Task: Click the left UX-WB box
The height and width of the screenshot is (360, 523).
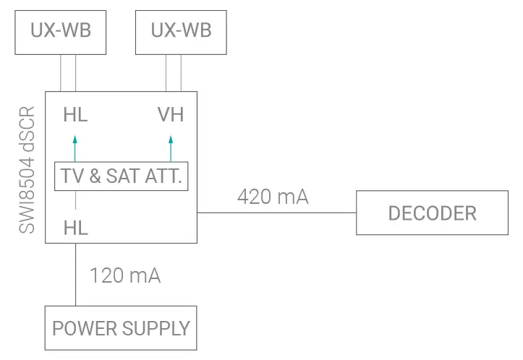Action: tap(60, 31)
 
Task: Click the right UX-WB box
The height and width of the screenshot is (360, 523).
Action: tap(181, 31)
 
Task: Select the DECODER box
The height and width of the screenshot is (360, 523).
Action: tap(432, 213)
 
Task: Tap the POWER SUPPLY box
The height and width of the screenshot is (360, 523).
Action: tap(121, 328)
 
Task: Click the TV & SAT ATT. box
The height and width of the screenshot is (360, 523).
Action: tap(121, 176)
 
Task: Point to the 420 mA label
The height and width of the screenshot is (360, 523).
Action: tap(273, 196)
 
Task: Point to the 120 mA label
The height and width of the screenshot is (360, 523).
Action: tap(124, 275)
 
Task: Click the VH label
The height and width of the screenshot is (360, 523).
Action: tap(171, 115)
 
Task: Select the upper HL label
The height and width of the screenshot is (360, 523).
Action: tap(75, 115)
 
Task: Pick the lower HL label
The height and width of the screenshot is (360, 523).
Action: tap(75, 228)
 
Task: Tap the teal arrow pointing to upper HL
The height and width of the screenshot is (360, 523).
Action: tap(75, 146)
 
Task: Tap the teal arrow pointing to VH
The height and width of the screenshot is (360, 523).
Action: tap(171, 146)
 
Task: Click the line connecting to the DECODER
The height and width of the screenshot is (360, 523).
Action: tap(276, 213)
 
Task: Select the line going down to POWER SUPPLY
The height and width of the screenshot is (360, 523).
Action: tap(75, 275)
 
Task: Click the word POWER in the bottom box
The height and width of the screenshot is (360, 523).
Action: tap(79, 328)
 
